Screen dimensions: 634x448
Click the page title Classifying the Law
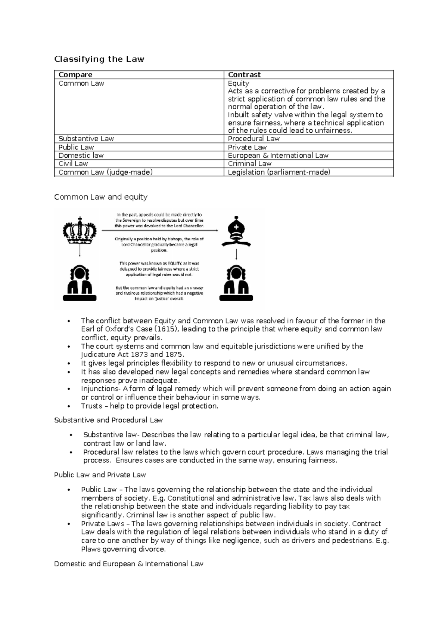(99, 59)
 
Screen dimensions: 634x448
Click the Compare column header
(75, 75)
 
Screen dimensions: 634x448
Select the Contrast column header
(244, 75)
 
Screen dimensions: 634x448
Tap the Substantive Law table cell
(86, 139)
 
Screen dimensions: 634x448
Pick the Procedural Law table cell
(253, 139)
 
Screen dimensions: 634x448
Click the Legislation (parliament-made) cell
(279, 172)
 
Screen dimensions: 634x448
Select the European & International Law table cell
(278, 156)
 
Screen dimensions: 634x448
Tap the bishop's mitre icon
(236, 231)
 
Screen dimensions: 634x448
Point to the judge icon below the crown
(80, 283)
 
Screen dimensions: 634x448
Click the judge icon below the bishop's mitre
(236, 283)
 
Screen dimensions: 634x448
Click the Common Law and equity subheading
(101, 197)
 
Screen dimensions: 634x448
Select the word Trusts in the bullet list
(91, 406)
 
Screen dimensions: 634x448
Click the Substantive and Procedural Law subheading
(108, 420)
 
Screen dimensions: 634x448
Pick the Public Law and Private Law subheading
(100, 475)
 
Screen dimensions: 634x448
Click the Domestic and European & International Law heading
(128, 564)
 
